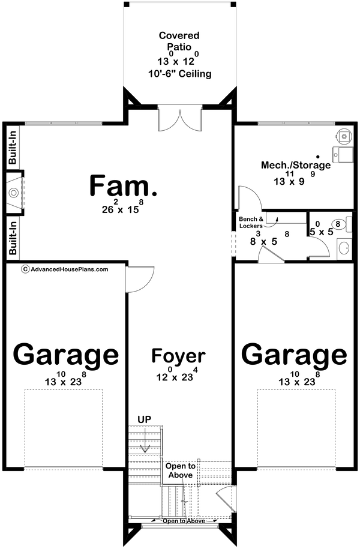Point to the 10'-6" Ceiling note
click(178, 74)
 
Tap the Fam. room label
click(124, 185)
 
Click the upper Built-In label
click(13, 147)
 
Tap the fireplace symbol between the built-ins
click(14, 193)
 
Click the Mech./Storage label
click(295, 165)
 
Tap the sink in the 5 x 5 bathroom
click(343, 247)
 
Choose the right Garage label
click(294, 355)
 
